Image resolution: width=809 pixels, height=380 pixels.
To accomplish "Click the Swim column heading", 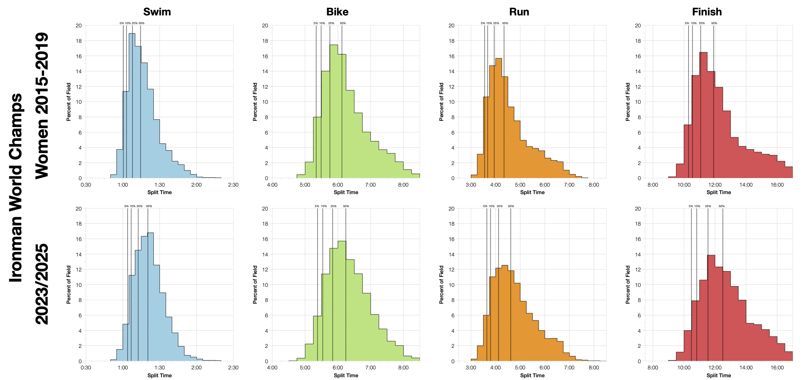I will tap(157, 12).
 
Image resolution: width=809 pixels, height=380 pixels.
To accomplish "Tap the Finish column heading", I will tap(707, 12).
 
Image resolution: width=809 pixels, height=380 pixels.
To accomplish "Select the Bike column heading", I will tap(337, 12).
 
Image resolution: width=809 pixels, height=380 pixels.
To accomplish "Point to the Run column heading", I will tap(519, 12).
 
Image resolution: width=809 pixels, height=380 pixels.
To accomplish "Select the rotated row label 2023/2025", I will tap(42, 284).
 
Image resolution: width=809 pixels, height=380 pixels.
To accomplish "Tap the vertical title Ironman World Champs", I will tap(16, 188).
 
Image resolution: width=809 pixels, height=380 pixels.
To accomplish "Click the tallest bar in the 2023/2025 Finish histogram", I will tap(711, 308).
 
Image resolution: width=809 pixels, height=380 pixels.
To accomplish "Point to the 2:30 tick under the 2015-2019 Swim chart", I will tap(233, 185).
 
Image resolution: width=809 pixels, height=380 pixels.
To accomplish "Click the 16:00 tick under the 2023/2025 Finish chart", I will tap(777, 368).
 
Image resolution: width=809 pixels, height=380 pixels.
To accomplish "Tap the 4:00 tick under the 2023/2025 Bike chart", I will tap(272, 368).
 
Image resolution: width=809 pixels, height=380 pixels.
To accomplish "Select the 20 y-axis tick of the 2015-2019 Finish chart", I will tap(638, 26).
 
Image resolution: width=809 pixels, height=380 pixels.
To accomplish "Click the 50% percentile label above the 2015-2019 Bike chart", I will tap(343, 23).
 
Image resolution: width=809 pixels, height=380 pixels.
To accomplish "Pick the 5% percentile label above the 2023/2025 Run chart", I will tap(485, 206).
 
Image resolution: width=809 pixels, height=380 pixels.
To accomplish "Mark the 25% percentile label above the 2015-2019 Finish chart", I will tap(702, 23).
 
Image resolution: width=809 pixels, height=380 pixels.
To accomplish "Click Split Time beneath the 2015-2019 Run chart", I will tap(532, 192).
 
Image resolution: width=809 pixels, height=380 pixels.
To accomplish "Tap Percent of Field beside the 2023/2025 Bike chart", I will tap(255, 284).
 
